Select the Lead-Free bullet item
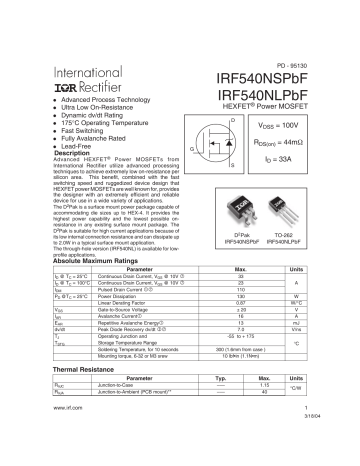click(x=82, y=146)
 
